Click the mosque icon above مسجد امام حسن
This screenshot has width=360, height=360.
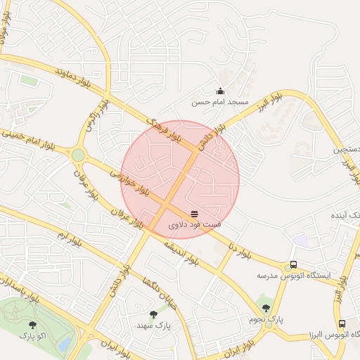click(x=220, y=91)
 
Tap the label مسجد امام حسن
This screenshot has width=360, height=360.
click(x=221, y=102)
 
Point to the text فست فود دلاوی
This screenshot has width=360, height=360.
click(x=195, y=224)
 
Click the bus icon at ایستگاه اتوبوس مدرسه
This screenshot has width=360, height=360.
click(x=293, y=266)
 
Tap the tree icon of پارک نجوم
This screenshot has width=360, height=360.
click(x=266, y=307)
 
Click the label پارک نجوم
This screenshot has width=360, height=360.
click(x=266, y=319)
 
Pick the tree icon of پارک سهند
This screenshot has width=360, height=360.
click(x=154, y=314)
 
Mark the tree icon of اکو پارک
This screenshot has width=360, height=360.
click(x=32, y=325)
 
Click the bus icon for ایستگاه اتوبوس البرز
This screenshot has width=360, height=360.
click(x=342, y=324)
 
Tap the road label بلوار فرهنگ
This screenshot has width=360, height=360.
click(x=161, y=130)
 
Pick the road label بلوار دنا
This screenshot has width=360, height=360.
click(x=236, y=248)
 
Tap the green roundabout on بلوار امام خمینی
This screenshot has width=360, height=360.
click(x=77, y=155)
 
